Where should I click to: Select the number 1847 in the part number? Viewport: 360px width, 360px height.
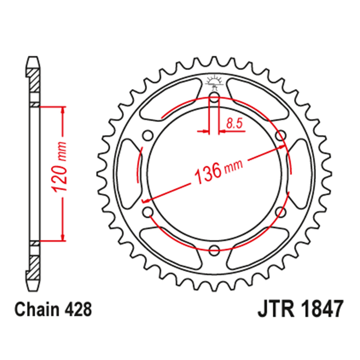[318, 310]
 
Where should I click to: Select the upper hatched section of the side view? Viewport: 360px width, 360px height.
[33, 81]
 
